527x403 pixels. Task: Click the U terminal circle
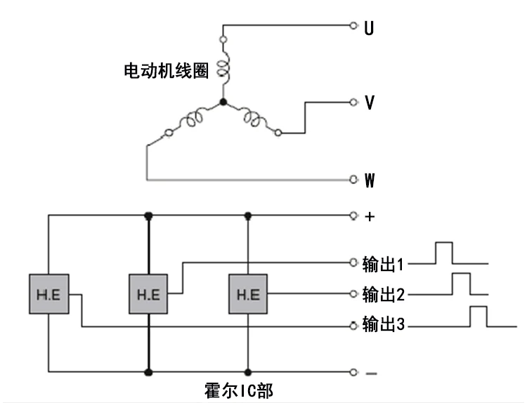[x=353, y=25]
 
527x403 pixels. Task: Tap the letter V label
[x=370, y=103]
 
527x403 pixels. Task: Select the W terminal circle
[x=353, y=179]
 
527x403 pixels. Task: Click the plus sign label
[x=370, y=217]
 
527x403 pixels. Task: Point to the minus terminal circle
[x=353, y=372]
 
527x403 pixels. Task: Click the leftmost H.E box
[x=49, y=294]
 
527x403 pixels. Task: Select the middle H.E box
[x=148, y=294]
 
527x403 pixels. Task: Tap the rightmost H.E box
[x=248, y=294]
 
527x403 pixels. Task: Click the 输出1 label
[x=383, y=264]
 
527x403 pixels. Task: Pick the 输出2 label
[x=383, y=294]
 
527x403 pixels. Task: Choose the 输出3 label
[x=383, y=324]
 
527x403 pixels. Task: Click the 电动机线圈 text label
[x=166, y=70]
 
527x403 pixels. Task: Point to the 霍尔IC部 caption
[x=239, y=390]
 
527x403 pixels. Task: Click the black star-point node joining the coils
[x=223, y=102]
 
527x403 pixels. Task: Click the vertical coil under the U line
[x=223, y=68]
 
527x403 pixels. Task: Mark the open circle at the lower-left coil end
[x=169, y=133]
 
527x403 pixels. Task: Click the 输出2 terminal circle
[x=353, y=294]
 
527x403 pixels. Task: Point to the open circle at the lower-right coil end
[x=278, y=133]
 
